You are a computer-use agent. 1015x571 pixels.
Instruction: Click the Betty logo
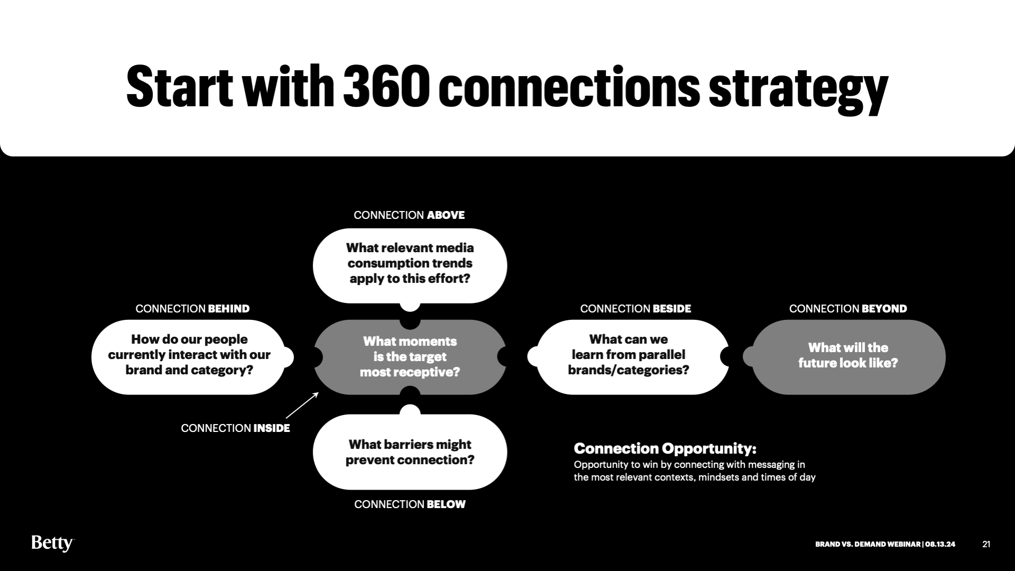[x=52, y=543]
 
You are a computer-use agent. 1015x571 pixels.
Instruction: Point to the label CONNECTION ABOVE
[x=409, y=215]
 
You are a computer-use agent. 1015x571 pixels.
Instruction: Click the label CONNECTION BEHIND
[x=192, y=309]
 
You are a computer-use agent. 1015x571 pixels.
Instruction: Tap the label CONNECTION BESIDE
[x=635, y=309]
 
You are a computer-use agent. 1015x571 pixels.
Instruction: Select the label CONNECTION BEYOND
[x=848, y=309]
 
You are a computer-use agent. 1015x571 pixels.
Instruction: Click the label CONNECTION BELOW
[x=410, y=504]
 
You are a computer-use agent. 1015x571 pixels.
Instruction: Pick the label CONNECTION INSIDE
[x=235, y=428]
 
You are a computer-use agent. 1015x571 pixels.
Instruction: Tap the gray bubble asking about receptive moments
[x=410, y=357]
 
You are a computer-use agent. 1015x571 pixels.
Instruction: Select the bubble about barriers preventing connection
[x=410, y=452]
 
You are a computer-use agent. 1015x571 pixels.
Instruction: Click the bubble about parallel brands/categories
[x=629, y=355]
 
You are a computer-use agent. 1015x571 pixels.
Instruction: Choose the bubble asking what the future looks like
[x=848, y=356]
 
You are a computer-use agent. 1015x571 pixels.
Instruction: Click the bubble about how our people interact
[x=189, y=355]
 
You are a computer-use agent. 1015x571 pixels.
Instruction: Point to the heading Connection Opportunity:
[x=665, y=449]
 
